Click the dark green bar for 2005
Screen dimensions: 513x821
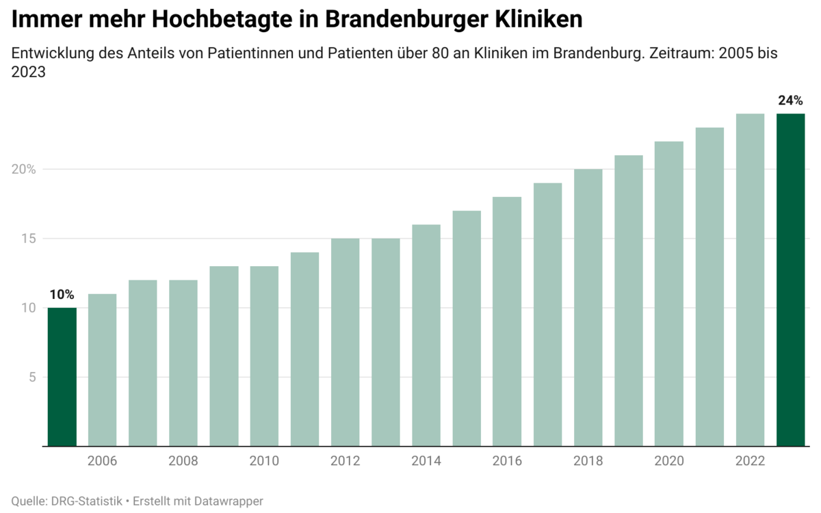point(62,377)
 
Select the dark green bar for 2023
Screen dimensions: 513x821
point(791,280)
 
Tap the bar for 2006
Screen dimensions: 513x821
point(102,370)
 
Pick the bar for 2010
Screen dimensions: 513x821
point(264,356)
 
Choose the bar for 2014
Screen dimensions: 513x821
point(426,335)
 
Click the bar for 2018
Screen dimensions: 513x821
point(588,308)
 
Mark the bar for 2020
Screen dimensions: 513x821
point(669,294)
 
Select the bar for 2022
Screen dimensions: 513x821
point(750,280)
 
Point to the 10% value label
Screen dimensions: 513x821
point(62,295)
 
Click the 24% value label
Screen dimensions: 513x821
point(790,101)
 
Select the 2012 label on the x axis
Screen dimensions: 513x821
point(345,461)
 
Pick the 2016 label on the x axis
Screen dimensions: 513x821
point(507,461)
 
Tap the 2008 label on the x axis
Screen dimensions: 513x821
point(183,461)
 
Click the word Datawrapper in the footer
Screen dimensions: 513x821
point(229,501)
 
